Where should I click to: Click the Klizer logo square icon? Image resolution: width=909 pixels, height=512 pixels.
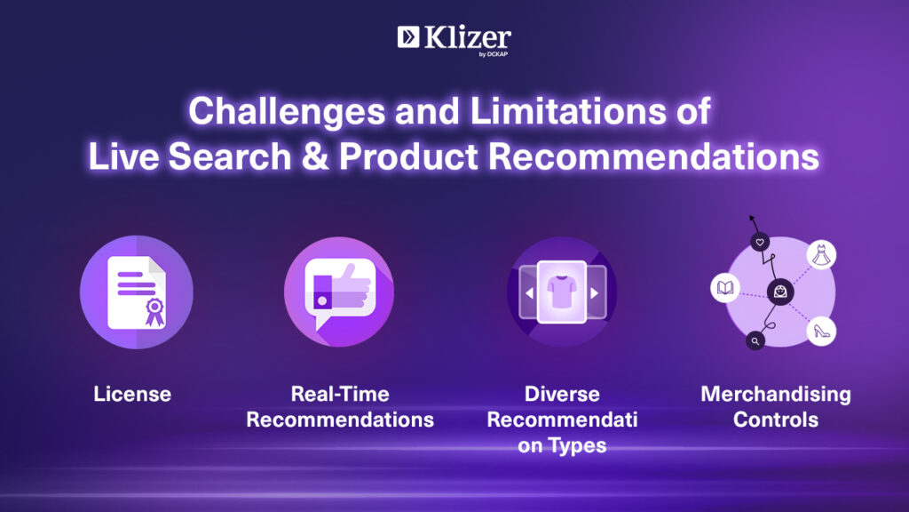point(408,37)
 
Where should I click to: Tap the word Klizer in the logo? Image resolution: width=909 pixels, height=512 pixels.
point(467,37)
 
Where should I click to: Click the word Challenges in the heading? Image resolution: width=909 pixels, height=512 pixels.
point(287,111)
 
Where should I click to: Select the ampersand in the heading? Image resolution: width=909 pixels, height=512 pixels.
point(315,156)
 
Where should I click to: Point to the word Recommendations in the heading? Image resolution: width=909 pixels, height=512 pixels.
point(653,156)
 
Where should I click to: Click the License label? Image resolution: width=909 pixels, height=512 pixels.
point(132,394)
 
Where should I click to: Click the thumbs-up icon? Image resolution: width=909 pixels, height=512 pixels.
point(342,287)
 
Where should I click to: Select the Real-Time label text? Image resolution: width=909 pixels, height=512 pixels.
point(340,394)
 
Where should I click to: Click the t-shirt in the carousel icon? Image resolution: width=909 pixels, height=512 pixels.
point(562,292)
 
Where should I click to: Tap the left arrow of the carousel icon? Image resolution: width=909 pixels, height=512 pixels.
point(529,293)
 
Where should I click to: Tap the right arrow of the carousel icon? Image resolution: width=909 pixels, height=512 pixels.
point(594,293)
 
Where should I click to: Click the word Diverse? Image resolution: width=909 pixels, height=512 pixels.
point(562,394)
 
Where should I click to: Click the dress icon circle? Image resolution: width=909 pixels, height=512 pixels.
point(821,255)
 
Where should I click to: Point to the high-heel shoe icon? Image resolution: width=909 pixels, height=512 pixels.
point(821,332)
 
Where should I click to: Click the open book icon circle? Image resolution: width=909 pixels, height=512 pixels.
point(725,287)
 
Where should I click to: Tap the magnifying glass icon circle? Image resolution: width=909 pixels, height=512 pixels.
point(755,340)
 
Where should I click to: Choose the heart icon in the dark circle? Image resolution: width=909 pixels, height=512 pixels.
point(760,242)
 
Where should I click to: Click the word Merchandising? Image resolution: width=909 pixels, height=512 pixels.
point(776,394)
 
